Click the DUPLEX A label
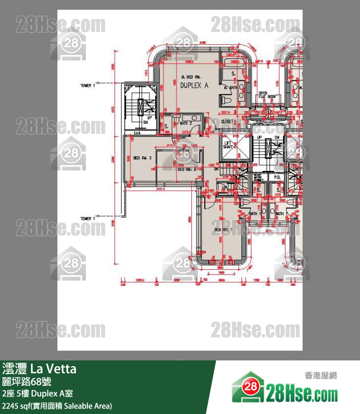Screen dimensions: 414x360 (194, 85)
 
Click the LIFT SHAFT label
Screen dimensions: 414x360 (228, 145)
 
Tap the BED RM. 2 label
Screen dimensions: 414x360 (143, 158)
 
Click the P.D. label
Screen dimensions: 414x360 (277, 177)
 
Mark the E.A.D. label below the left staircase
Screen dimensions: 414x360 (137, 132)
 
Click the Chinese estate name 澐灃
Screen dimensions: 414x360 (15, 369)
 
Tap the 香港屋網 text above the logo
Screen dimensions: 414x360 (321, 376)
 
